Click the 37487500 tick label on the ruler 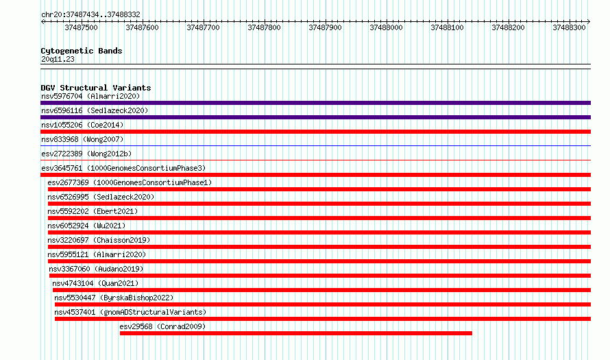coord(81,27)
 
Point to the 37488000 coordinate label coord(386,27)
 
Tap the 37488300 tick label coord(569,27)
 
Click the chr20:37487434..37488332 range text coord(90,14)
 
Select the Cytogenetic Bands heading coord(82,51)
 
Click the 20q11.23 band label coord(58,59)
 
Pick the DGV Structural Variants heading coord(96,88)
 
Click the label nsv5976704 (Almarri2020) coord(90,96)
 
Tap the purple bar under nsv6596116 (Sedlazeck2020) coord(315,117)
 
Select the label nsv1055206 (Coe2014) coord(82,125)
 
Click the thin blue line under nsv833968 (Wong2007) coord(315,146)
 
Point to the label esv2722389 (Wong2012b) coord(86,154)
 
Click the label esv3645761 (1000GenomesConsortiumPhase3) coord(123,168)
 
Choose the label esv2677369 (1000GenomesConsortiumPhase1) coord(130,182)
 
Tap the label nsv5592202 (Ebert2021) coord(93,211)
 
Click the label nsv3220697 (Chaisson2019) coord(99,240)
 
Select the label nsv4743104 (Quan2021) coord(95,283)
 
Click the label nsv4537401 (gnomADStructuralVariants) coord(130,312)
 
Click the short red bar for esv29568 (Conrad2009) coord(295,333)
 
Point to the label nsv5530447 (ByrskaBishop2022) coord(114,298)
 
